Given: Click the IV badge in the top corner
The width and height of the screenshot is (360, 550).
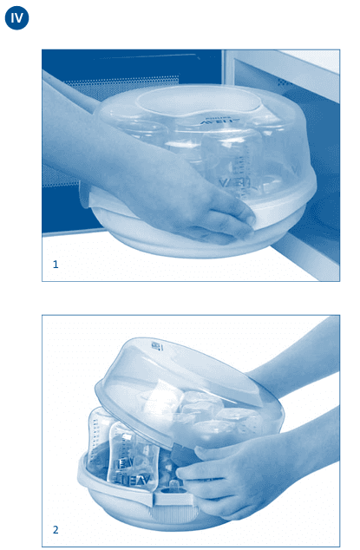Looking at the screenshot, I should (16, 18).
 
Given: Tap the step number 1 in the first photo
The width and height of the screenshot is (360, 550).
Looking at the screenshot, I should (56, 264).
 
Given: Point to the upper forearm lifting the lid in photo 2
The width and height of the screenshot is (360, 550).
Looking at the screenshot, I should (304, 364).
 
